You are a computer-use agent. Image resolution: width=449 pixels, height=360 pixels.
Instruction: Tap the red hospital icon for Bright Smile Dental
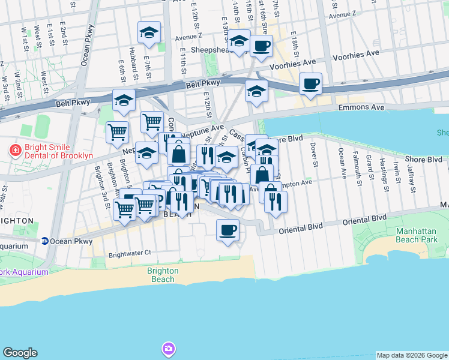click(x=15, y=151)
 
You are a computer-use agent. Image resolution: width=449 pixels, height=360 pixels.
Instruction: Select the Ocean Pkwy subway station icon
click(x=44, y=241)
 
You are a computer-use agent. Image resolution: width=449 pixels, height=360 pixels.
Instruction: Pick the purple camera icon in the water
click(x=169, y=349)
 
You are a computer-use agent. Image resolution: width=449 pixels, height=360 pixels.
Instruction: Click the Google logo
click(x=20, y=353)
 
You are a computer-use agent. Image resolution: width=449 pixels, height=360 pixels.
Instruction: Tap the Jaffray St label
click(x=411, y=174)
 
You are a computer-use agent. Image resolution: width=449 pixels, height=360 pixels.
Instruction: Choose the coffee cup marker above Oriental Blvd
click(x=228, y=230)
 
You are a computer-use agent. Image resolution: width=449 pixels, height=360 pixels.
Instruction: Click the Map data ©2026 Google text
click(x=412, y=355)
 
